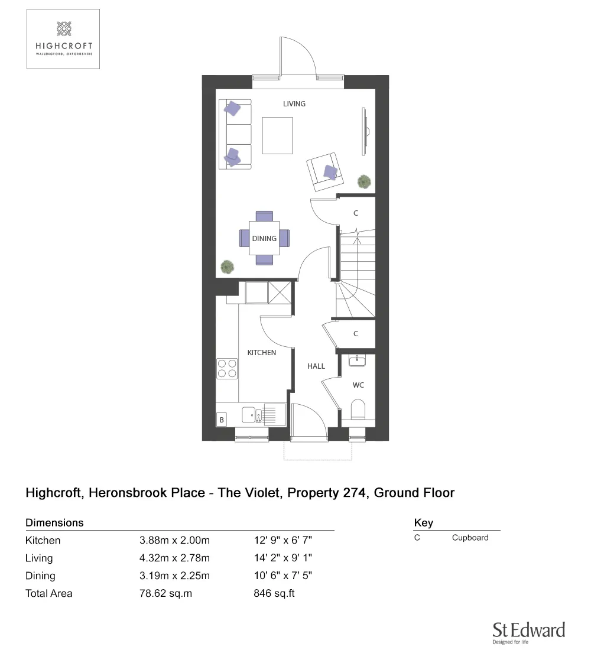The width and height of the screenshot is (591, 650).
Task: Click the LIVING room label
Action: pyautogui.click(x=294, y=104)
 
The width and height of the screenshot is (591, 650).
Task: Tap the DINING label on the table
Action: pyautogui.click(x=264, y=239)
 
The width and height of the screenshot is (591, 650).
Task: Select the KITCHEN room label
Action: pyautogui.click(x=261, y=352)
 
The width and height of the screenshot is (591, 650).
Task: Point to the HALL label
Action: pyautogui.click(x=316, y=366)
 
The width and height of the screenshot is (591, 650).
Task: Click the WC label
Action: pyautogui.click(x=358, y=385)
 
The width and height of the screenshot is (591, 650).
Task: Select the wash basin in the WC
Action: pyautogui.click(x=356, y=360)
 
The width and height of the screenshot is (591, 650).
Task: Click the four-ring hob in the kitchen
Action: pyautogui.click(x=227, y=369)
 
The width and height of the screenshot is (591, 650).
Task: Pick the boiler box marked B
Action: pyautogui.click(x=222, y=420)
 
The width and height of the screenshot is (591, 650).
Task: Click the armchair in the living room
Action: pyautogui.click(x=323, y=170)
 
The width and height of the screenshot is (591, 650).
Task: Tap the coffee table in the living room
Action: pyautogui.click(x=278, y=135)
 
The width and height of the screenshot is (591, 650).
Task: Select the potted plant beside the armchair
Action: pyautogui.click(x=364, y=181)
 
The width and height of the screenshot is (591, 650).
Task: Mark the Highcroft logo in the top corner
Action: pyautogui.click(x=63, y=39)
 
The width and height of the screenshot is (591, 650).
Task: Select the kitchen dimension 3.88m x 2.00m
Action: pyautogui.click(x=174, y=540)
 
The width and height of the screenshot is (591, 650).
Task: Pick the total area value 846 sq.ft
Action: pyautogui.click(x=274, y=593)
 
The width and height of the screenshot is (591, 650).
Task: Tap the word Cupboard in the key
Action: pyautogui.click(x=470, y=538)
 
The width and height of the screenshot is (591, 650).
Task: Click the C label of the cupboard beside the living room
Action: pyautogui.click(x=356, y=213)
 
